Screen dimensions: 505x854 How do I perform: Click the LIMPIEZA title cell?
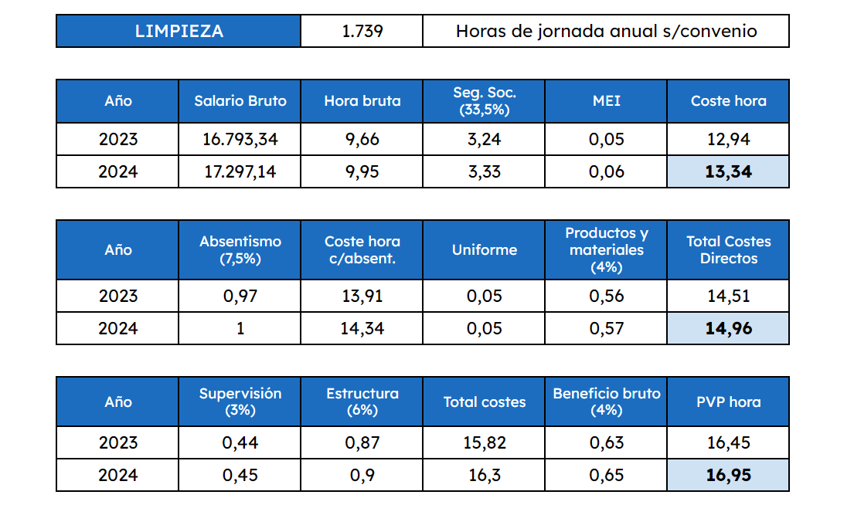coord(179,31)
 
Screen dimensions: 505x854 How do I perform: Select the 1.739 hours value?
coord(362,31)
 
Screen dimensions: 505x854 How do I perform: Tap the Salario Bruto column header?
coord(240,100)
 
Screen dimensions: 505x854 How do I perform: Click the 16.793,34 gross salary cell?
coord(240,139)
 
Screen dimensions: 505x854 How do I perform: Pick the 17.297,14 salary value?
coord(240,171)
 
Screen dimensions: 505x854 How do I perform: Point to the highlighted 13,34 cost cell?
coord(728,171)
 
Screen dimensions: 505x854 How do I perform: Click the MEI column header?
coord(606,100)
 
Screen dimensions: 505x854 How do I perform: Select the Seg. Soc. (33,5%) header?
coord(484,100)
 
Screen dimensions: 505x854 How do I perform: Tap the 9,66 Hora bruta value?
coord(362,139)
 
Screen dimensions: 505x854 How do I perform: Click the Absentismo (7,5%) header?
coord(240,249)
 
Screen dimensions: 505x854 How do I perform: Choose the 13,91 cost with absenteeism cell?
coord(362,296)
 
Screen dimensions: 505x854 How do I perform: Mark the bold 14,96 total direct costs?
coord(728,328)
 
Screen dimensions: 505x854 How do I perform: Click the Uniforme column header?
coord(484,249)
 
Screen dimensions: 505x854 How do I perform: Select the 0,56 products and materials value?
coord(606,296)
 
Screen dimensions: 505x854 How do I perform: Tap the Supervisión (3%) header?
coord(240,402)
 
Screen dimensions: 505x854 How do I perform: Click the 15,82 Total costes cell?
coord(484,442)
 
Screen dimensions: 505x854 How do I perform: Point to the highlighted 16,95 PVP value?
coord(728,475)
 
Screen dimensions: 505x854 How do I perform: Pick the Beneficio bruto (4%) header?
coord(606,402)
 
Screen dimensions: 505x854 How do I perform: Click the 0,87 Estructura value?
coord(362,442)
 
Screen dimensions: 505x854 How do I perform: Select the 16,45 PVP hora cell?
coord(728,442)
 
